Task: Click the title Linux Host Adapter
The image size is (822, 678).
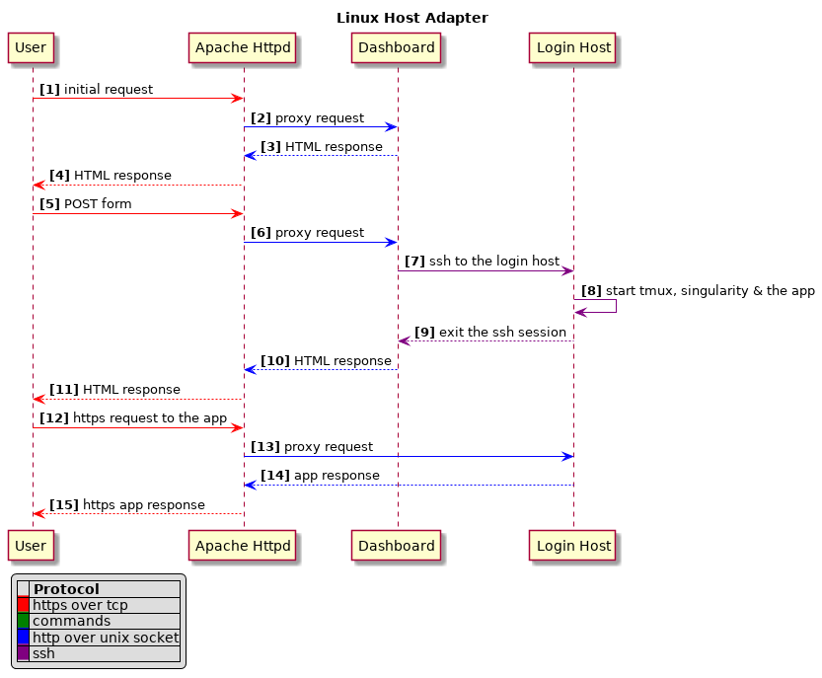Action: point(411,18)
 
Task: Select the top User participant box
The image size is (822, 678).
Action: point(31,47)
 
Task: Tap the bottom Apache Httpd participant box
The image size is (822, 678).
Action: point(243,546)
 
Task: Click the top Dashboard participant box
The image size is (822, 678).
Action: point(397,47)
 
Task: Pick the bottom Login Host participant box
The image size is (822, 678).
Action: point(572,546)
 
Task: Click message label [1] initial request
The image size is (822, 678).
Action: point(96,90)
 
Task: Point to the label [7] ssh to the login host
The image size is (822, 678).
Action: point(481,262)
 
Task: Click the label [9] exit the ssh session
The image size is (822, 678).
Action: point(490,332)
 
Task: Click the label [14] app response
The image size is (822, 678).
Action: point(320,476)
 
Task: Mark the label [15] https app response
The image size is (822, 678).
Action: point(128,505)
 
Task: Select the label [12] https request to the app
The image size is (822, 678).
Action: point(133,418)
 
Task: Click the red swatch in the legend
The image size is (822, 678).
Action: point(23,605)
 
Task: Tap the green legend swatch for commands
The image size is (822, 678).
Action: point(23,621)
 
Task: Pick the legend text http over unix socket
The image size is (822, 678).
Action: point(105,638)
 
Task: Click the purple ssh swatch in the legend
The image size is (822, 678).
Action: point(23,653)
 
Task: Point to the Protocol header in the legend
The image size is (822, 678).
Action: point(66,589)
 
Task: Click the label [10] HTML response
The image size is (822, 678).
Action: point(326,361)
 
